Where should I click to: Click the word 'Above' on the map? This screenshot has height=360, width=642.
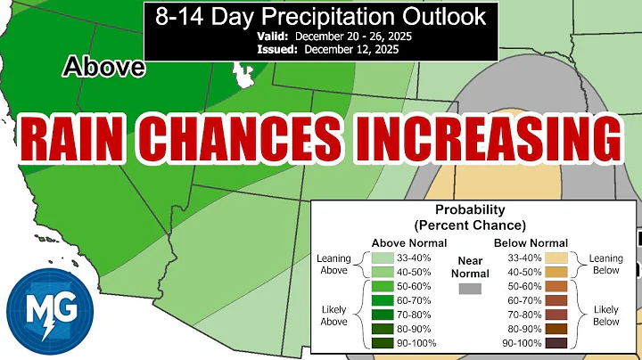pyautogui.click(x=103, y=68)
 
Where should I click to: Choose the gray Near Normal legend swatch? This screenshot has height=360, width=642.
pyautogui.click(x=471, y=289)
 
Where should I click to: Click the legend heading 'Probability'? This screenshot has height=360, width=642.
pyautogui.click(x=473, y=210)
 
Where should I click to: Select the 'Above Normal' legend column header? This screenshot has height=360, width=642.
pyautogui.click(x=409, y=242)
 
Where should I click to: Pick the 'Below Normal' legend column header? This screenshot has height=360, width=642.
pyautogui.click(x=531, y=242)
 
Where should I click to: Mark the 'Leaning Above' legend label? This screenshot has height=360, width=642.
pyautogui.click(x=334, y=265)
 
